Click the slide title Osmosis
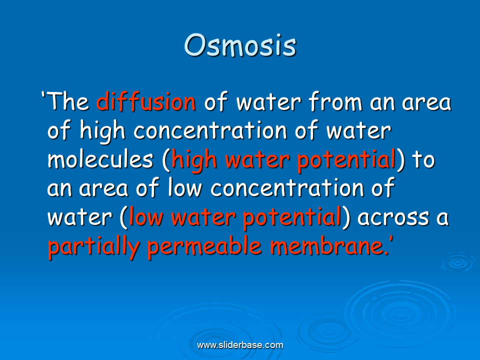pos(240,45)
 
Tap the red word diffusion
pos(145,101)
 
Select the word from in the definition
pos(335,101)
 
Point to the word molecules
pos(100,159)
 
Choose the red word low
pos(145,216)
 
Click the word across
pos(393,218)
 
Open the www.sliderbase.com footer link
pos(240,345)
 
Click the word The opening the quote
pos(68,101)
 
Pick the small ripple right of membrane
pos(457,262)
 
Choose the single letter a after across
pos(442,218)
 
